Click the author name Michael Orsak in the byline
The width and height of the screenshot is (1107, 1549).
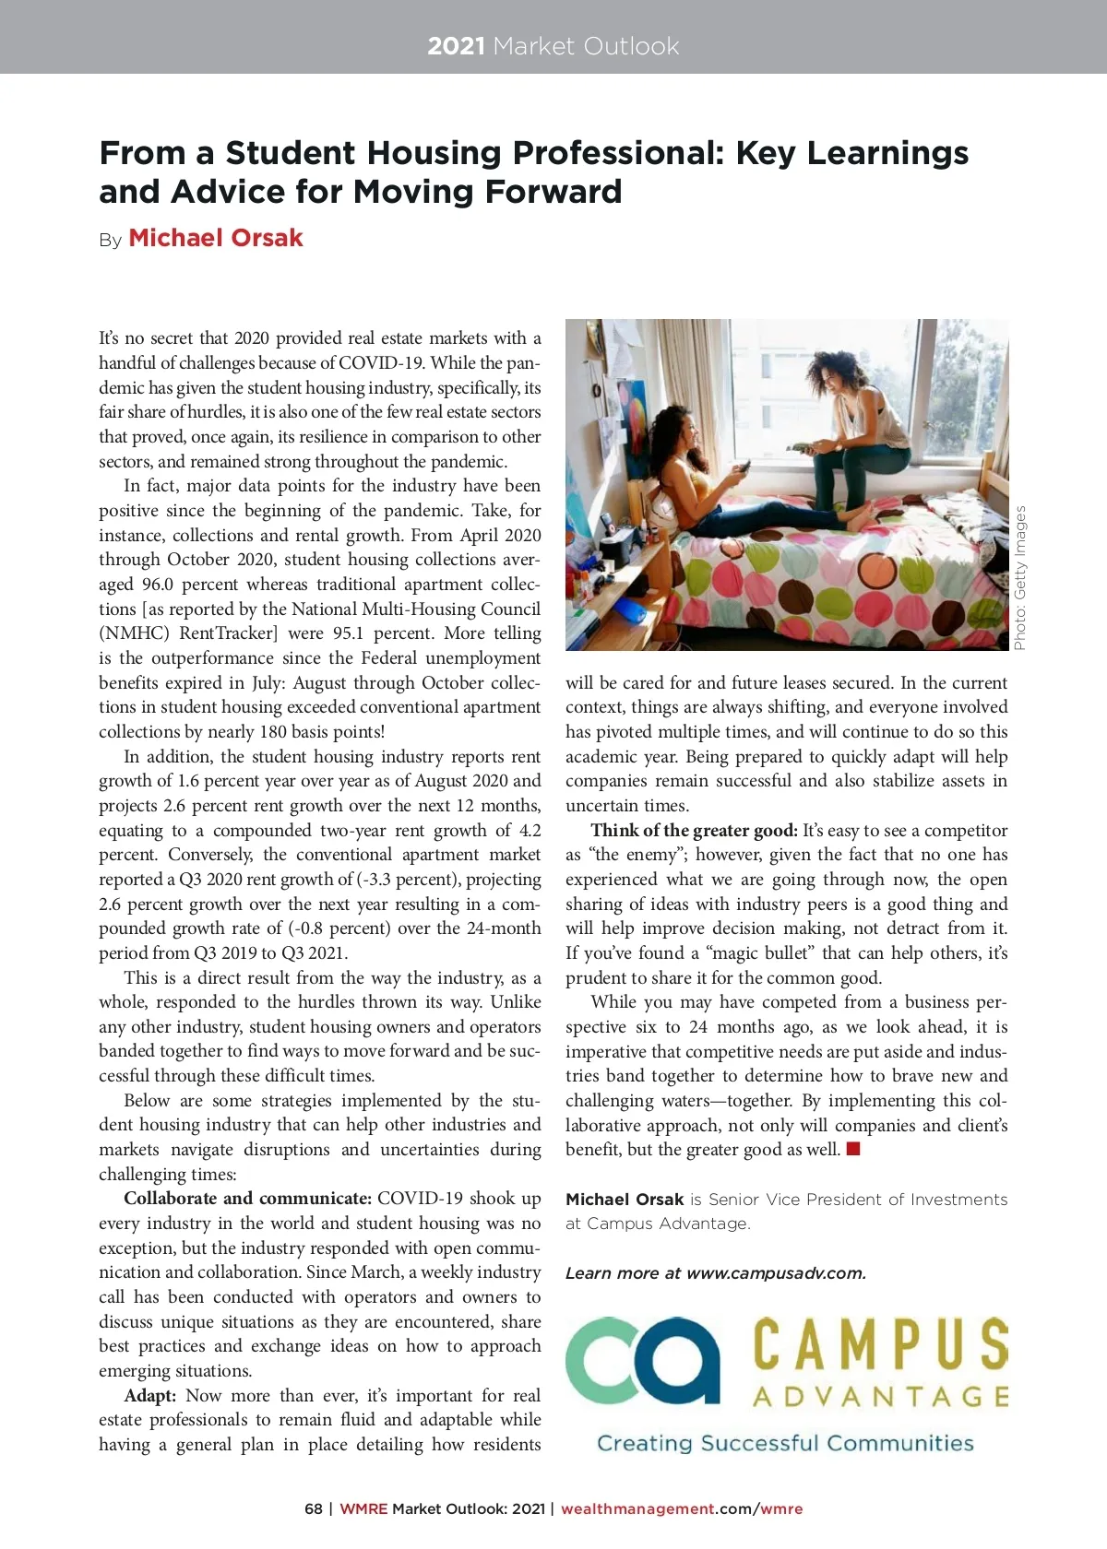coord(215,238)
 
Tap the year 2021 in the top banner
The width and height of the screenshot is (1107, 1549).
coord(456,46)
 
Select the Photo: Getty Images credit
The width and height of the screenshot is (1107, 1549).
coord(1019,577)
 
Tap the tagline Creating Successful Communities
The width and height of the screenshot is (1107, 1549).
coord(785,1443)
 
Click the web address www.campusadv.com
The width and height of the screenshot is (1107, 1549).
coord(776,1273)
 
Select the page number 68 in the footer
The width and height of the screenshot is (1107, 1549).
coord(314,1509)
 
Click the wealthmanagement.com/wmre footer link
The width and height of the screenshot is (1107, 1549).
coord(682,1509)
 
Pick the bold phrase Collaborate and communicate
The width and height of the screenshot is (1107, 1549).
coord(247,1199)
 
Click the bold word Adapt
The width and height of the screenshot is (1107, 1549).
coord(149,1396)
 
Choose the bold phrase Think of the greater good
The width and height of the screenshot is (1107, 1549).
coord(694,831)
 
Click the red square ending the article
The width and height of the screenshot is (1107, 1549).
coord(853,1149)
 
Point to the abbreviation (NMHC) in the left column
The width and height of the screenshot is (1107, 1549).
coord(134,633)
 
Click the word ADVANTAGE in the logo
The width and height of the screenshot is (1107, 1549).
coord(880,1398)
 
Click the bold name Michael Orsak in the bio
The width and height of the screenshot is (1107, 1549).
coord(625,1200)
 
